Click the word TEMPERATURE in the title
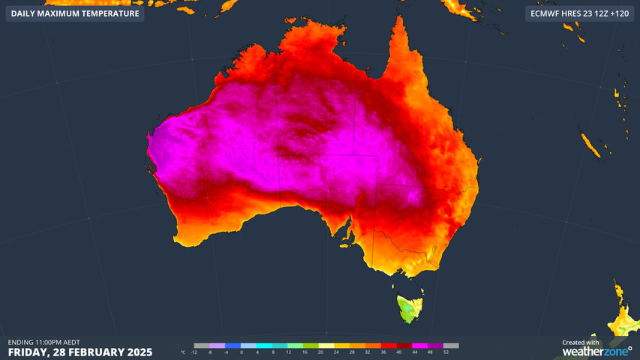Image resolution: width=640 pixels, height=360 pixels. click(108, 13)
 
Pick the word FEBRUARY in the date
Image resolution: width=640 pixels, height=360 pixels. click(92, 352)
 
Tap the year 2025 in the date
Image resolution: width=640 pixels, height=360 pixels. click(139, 352)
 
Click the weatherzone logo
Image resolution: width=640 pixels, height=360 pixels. click(596, 351)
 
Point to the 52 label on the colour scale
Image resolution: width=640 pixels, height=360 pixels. click(446, 352)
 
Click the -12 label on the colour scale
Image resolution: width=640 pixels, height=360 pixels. click(194, 352)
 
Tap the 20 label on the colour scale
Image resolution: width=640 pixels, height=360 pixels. click(320, 352)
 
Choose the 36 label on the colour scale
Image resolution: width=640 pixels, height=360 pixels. click(383, 352)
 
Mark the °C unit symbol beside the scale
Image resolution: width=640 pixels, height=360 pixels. click(183, 352)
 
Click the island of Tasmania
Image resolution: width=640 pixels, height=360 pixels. click(409, 307)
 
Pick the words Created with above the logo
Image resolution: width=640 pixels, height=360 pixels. click(581, 342)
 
